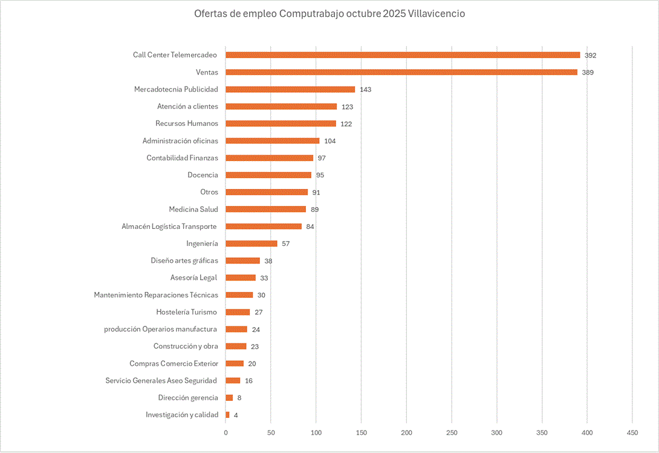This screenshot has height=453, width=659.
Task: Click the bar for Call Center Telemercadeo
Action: [x=403, y=55]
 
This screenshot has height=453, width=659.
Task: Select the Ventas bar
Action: [x=401, y=72]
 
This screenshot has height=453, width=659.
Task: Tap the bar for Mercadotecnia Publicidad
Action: [x=290, y=89]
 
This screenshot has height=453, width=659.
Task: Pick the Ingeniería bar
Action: [x=252, y=243]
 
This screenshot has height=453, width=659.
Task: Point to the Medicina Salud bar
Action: [x=266, y=209]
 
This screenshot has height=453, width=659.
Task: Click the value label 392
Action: [x=590, y=56]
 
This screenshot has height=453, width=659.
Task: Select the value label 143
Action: [x=365, y=90]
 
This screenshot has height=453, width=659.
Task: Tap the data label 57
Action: [x=286, y=244]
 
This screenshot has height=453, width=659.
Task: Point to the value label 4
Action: [x=236, y=415]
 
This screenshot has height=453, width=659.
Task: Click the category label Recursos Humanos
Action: [x=186, y=124]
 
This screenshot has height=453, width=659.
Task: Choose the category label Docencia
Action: [x=203, y=175]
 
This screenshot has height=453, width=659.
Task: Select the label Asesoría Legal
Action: [x=194, y=278]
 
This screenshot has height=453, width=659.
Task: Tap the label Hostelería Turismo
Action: [x=186, y=312]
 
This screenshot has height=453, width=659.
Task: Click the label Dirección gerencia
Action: [x=188, y=398]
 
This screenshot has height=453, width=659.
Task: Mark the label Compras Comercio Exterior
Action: [x=174, y=364]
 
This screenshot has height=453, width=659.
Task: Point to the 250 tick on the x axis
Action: [x=451, y=433]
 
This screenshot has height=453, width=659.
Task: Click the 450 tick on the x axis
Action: [x=632, y=433]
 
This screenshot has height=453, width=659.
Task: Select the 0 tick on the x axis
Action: [x=226, y=433]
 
